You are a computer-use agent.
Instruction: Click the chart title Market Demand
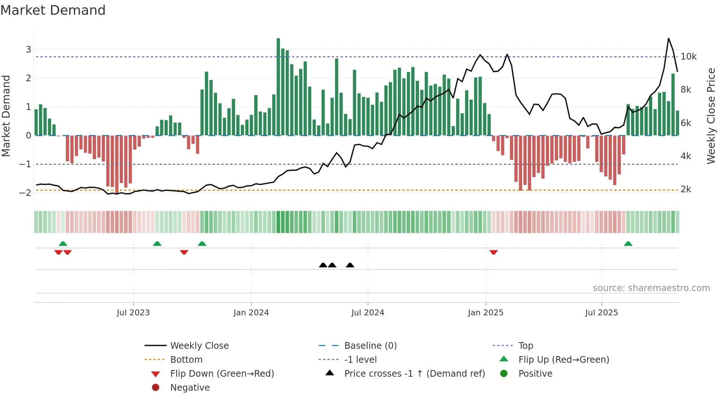(53, 10)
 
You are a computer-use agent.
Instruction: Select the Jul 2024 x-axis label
(367, 313)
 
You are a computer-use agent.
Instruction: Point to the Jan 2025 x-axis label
(486, 313)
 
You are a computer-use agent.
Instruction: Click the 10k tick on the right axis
(689, 57)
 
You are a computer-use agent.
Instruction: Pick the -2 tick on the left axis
(25, 193)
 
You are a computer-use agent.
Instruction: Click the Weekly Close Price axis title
(711, 116)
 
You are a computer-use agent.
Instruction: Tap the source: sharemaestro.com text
(651, 288)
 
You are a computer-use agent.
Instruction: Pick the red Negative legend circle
(156, 388)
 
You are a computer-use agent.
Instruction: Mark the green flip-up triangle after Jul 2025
(628, 244)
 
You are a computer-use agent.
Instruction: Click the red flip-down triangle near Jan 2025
(494, 252)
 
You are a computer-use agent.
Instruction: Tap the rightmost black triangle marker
(350, 265)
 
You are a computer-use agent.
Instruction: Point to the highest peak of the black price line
(668, 39)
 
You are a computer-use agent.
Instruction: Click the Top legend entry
(525, 346)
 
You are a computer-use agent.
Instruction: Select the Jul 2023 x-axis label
(133, 313)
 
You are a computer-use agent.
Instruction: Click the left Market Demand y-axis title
(6, 116)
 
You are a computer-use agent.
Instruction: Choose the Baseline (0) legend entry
(370, 346)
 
